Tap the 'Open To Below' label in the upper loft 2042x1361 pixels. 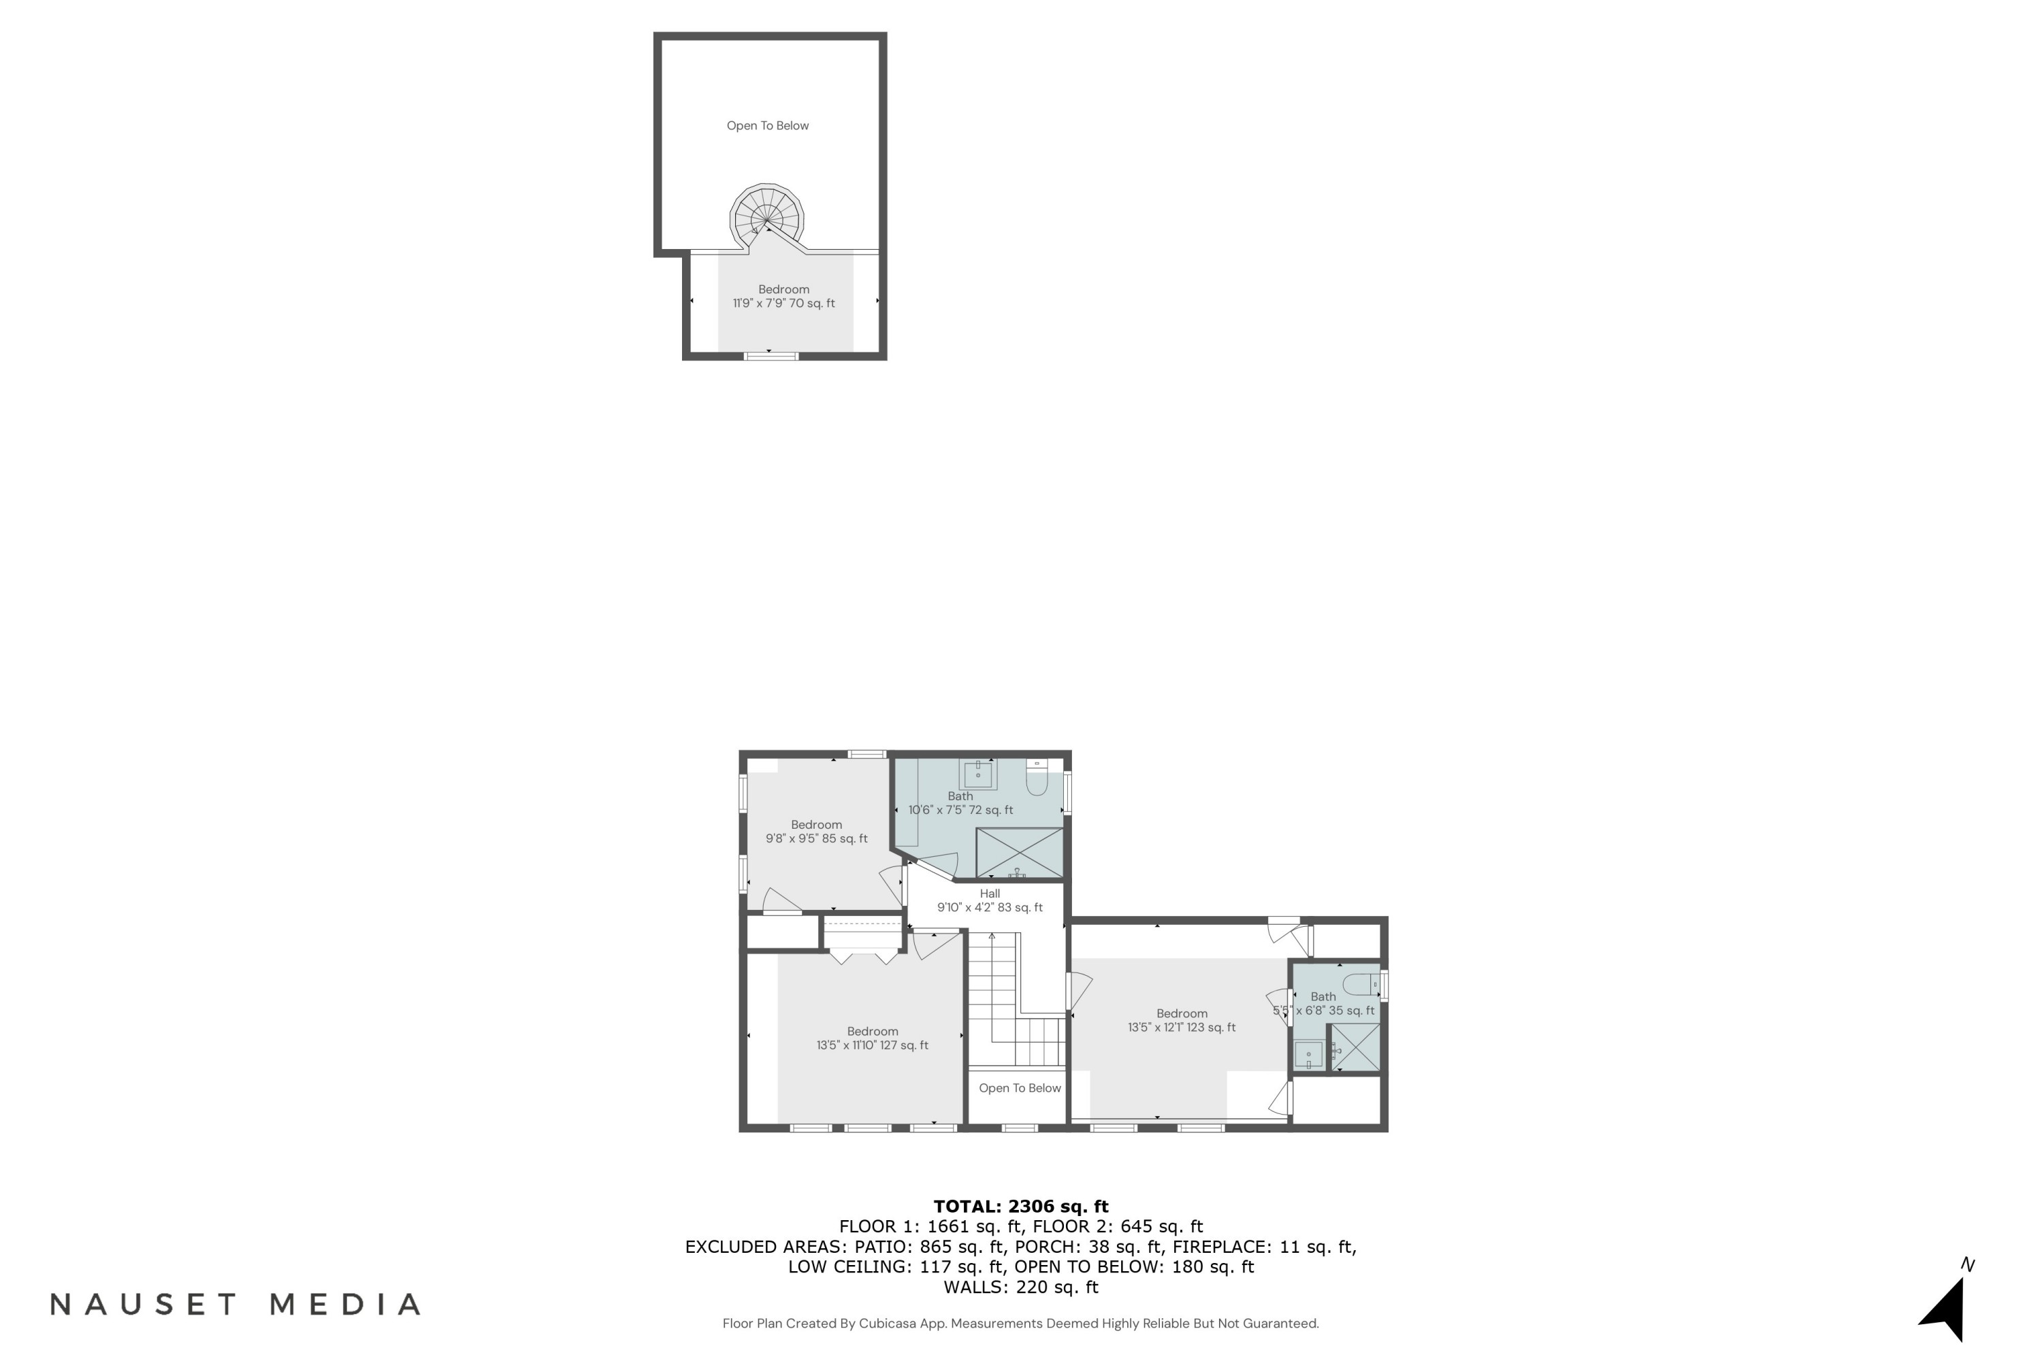tap(768, 126)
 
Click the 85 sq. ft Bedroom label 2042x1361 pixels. tap(816, 832)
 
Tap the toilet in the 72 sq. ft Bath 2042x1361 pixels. tap(1037, 778)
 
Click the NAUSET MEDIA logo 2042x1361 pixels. tap(236, 1305)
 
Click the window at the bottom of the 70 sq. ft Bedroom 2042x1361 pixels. tap(771, 356)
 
